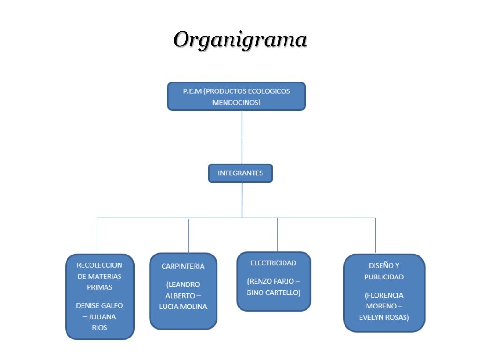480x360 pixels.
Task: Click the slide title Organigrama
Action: click(x=240, y=40)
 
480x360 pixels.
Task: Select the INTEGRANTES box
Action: click(x=240, y=173)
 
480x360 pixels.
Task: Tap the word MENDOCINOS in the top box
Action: click(x=236, y=102)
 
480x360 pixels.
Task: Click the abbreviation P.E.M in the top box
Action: click(x=192, y=91)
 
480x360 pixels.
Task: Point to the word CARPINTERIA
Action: click(x=183, y=266)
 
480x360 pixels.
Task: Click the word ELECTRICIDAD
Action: click(x=273, y=263)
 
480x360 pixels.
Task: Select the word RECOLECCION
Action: click(x=99, y=265)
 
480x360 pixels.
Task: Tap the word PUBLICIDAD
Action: click(x=384, y=277)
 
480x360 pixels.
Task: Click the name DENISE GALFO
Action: click(x=99, y=305)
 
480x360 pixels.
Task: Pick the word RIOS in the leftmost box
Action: click(x=99, y=327)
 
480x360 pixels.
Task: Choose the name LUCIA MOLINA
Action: click(x=183, y=307)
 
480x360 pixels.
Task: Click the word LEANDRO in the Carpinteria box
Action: click(x=184, y=285)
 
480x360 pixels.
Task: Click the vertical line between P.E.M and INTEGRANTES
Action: click(x=242, y=137)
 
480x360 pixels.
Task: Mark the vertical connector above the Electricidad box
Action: click(x=277, y=234)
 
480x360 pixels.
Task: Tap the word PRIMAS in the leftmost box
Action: click(x=99, y=287)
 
